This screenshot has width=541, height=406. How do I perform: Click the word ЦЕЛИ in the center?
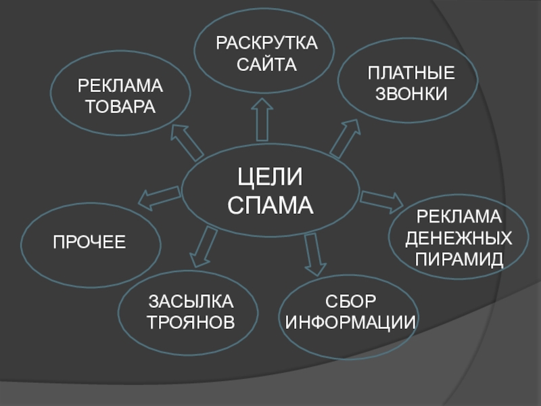(x=270, y=177)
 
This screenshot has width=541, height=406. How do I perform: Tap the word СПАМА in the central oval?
(x=270, y=205)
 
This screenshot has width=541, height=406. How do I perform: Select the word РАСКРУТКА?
(x=266, y=43)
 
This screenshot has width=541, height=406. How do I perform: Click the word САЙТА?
(x=266, y=64)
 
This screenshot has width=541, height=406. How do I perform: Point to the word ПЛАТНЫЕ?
(x=411, y=73)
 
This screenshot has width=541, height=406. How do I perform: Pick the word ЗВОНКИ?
(x=411, y=94)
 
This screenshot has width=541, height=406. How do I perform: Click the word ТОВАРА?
(x=120, y=106)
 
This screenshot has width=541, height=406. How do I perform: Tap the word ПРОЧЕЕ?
(x=89, y=242)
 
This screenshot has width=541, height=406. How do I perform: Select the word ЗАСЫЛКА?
(x=191, y=301)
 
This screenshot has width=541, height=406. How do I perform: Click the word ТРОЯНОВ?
(x=191, y=322)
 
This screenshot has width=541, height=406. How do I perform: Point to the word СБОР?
(x=350, y=301)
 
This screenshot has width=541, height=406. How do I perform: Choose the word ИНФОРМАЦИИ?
(x=350, y=323)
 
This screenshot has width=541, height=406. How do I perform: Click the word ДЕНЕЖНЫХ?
(x=458, y=238)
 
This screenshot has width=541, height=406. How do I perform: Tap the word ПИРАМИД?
(x=458, y=259)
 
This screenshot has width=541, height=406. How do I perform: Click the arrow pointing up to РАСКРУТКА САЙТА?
(x=262, y=120)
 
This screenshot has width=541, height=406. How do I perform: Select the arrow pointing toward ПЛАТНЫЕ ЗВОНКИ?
(x=345, y=138)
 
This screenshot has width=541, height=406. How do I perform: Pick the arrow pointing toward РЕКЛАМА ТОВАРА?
(x=187, y=142)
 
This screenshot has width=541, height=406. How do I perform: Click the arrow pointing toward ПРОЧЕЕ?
(x=159, y=198)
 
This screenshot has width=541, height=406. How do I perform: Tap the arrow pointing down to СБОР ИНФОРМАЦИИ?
(x=314, y=254)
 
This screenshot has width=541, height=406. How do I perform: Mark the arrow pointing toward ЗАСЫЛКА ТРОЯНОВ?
(x=204, y=247)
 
